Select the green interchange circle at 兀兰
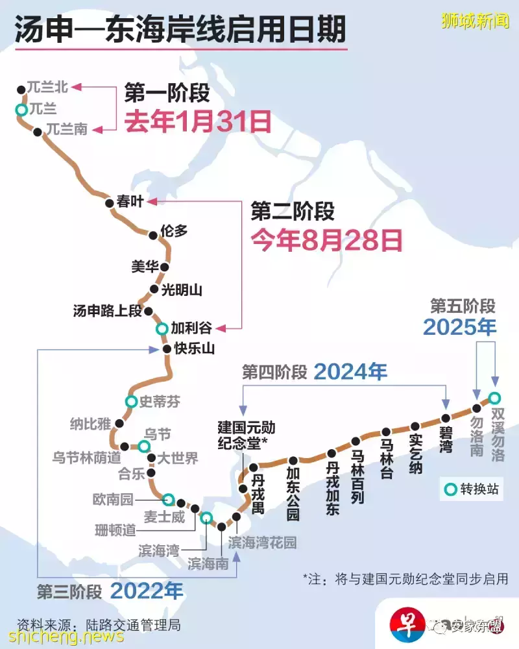(x=21, y=110)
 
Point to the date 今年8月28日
(x=327, y=240)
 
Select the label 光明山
(x=181, y=290)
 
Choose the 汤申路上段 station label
(x=107, y=312)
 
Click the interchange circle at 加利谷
(x=161, y=328)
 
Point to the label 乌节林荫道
(x=87, y=457)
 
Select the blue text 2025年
(x=460, y=327)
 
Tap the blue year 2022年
(x=147, y=591)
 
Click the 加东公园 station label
(x=293, y=495)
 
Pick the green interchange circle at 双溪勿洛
(x=494, y=398)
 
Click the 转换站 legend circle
(x=450, y=489)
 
